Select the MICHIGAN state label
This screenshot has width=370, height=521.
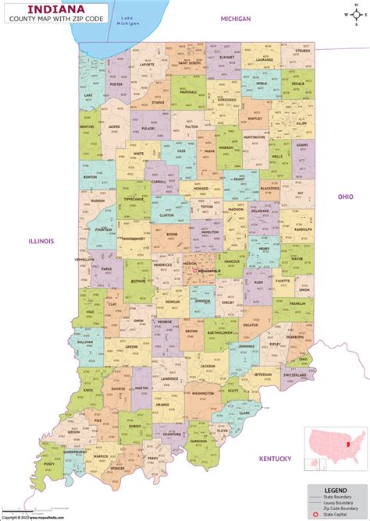click(235, 18)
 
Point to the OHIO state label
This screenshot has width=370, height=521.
click(345, 197)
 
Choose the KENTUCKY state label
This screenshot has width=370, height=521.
click(276, 458)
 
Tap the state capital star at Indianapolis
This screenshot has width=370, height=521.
click(183, 271)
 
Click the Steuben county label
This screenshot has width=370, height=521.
click(302, 51)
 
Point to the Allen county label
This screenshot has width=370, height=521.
click(301, 122)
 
